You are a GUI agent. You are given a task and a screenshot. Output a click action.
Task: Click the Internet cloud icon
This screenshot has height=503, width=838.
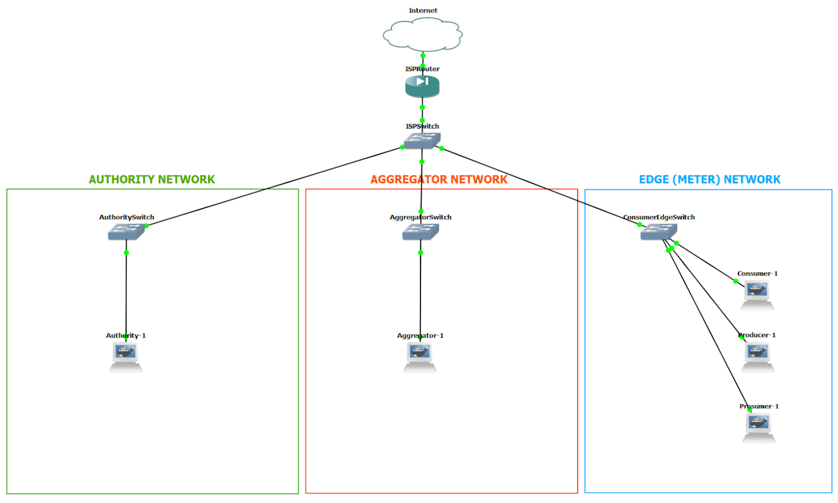(423, 35)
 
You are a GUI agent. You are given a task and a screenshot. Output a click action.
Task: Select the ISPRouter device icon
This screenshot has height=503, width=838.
(422, 86)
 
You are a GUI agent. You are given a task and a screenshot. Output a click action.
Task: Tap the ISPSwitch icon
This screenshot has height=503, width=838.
(422, 140)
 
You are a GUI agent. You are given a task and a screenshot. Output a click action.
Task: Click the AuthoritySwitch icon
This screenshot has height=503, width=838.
(126, 231)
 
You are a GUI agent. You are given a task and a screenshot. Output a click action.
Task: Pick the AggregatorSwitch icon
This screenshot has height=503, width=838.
(421, 231)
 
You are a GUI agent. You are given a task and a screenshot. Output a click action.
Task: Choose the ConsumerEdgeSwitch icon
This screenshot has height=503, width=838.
(659, 231)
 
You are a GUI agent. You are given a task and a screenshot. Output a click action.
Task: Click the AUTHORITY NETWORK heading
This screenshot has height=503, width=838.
(152, 179)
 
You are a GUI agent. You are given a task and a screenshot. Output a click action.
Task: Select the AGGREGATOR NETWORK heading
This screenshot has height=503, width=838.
(439, 179)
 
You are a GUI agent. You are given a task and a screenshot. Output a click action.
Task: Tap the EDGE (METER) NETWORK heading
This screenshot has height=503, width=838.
(710, 179)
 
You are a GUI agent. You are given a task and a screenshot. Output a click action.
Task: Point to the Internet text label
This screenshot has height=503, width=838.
(423, 11)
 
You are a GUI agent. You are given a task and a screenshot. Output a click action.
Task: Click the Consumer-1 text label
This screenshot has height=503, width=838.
(757, 274)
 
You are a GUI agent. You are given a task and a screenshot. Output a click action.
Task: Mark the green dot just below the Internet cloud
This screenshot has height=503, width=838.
(423, 56)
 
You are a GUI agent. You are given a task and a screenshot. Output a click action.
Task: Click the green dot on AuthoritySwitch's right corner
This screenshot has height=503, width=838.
(147, 226)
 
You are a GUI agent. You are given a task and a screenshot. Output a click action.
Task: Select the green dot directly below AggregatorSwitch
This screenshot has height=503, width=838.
(420, 252)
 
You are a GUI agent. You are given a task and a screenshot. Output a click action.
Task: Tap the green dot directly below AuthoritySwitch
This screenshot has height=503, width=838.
(126, 252)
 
